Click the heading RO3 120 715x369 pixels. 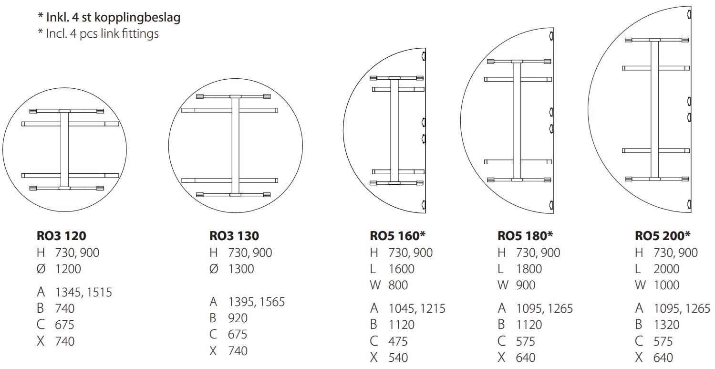61,236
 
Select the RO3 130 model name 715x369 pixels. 234,236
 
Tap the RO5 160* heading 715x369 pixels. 397,236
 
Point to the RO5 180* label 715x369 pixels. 525,236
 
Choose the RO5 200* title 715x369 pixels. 663,236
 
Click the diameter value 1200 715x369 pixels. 68,269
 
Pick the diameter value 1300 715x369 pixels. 241,269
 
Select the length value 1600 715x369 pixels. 402,269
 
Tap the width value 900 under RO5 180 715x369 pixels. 526,285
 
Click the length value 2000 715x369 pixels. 666,269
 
